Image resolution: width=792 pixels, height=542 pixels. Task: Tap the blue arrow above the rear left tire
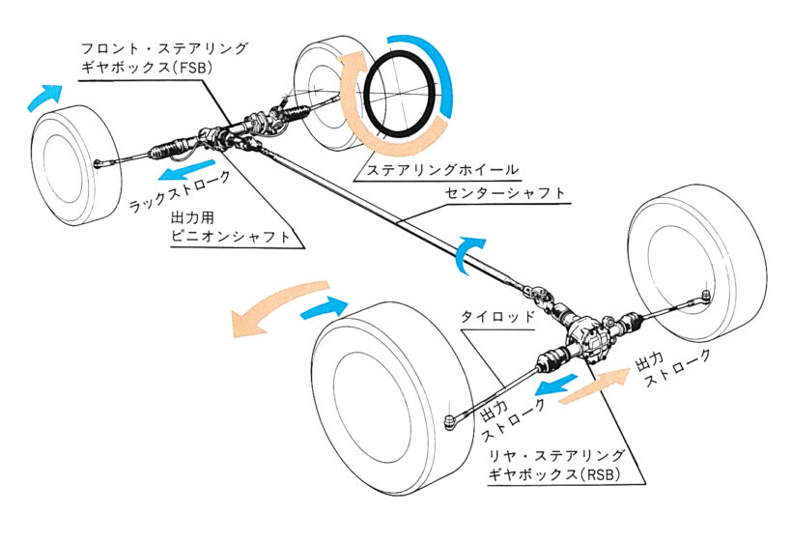tap(324, 307)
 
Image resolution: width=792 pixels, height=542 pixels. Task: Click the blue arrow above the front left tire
tap(43, 95)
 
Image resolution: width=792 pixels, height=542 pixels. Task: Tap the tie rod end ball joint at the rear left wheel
tap(450, 419)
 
